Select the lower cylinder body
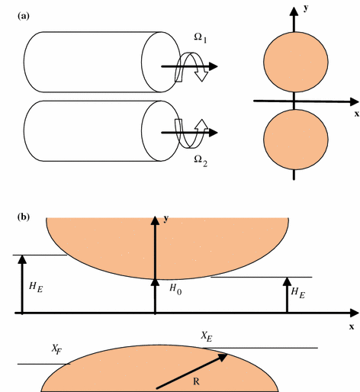coord(92,131)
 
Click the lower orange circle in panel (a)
coord(294,140)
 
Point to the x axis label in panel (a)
coord(355,114)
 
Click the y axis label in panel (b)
coord(167,218)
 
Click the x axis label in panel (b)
coord(352,326)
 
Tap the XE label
coord(206,336)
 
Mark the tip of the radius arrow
coord(227,352)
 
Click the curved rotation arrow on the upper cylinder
coord(186,67)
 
